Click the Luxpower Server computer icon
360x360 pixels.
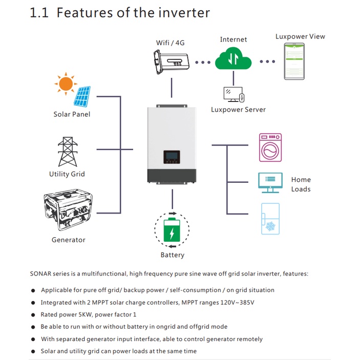[x=234, y=94]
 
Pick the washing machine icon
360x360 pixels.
[x=270, y=147]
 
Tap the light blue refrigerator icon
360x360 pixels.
[x=270, y=219]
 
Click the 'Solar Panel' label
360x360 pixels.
[x=72, y=114]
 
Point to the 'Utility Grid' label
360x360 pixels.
[x=67, y=174]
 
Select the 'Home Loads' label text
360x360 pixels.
[x=301, y=184]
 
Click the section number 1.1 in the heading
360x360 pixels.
[x=39, y=13]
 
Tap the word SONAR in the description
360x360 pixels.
[x=40, y=274]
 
